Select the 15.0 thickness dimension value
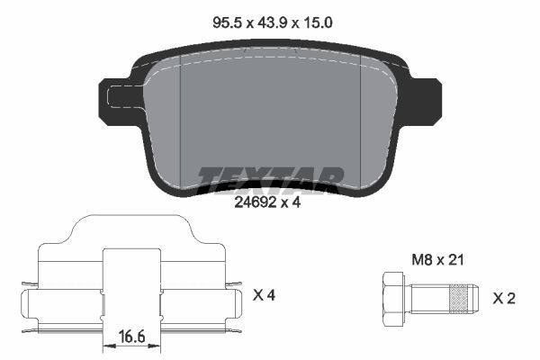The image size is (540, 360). point(317,23)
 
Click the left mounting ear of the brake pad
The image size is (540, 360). point(115,102)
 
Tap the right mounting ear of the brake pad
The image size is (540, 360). point(424,102)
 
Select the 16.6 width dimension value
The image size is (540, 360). point(132,336)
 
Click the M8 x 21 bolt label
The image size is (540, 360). point(437,260)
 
